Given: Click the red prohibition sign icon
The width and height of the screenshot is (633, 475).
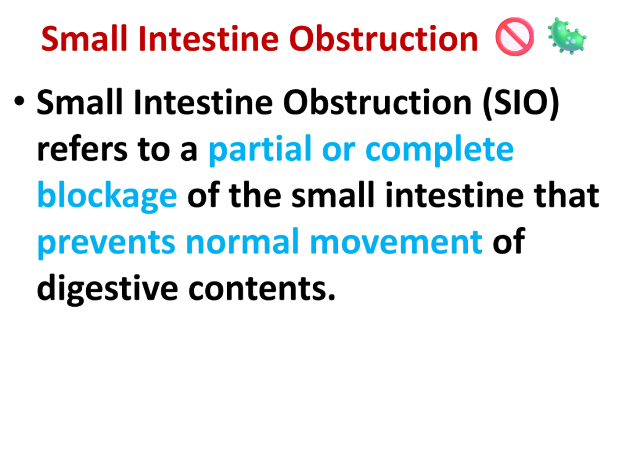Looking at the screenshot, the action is (x=514, y=36).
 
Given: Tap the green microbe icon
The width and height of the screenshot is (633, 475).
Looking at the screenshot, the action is (x=566, y=36).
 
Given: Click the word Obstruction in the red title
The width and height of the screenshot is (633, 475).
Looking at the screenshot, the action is (x=383, y=39).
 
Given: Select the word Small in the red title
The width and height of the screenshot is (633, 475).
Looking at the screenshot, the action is (x=84, y=39).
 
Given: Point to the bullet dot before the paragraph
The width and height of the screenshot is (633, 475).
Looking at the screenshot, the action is (x=19, y=101).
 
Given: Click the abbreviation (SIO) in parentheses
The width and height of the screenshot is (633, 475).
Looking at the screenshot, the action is (x=521, y=103).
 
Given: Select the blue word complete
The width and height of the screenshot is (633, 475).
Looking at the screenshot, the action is (x=440, y=150).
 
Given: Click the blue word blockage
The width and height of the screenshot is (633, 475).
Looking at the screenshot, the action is (x=107, y=196).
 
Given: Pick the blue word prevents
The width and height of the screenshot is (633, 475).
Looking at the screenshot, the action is (x=106, y=243).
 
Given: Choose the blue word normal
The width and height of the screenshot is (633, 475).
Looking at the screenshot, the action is (x=242, y=242).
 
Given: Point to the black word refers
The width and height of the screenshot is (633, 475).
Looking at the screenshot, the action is (x=82, y=150).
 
